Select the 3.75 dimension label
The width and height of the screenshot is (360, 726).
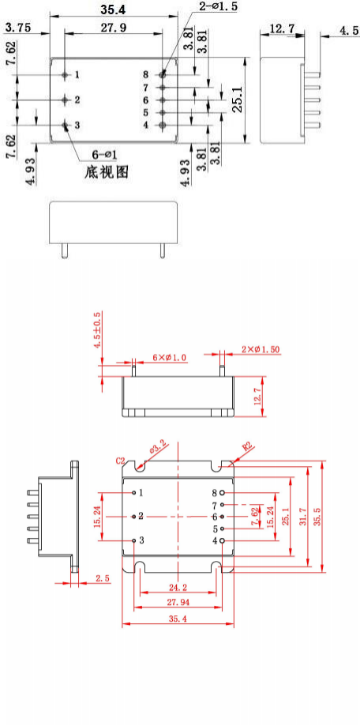tap(19, 28)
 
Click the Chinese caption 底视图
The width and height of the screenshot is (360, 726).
tap(106, 171)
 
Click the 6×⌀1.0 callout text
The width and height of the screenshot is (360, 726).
tap(170, 358)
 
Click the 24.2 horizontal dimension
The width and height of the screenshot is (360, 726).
tap(178, 588)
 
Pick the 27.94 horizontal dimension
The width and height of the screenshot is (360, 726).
tap(178, 603)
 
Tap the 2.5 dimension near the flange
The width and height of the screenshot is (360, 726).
tap(102, 579)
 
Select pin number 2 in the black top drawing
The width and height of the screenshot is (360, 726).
tap(77, 100)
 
